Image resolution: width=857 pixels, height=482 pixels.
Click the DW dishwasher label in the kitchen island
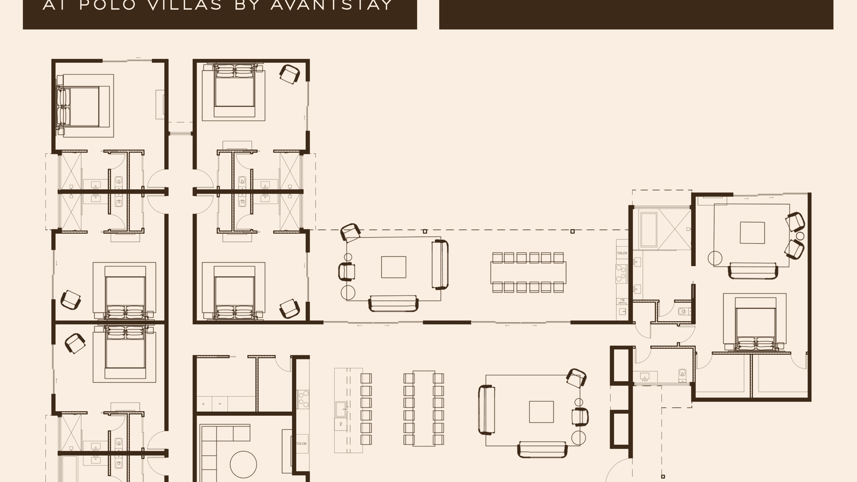(341, 424)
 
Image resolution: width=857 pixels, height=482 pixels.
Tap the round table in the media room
(243, 465)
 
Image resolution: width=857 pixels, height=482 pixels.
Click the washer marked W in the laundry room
(204, 404)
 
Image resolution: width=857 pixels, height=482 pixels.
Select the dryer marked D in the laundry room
(220, 404)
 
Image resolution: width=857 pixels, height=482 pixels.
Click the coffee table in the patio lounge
(394, 267)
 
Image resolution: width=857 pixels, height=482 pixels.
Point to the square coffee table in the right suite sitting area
(752, 233)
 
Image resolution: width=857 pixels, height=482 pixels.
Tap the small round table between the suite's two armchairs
(800, 236)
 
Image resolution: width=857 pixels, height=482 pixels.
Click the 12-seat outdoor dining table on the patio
(528, 272)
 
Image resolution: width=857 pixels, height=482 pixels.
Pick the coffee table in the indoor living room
(541, 412)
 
